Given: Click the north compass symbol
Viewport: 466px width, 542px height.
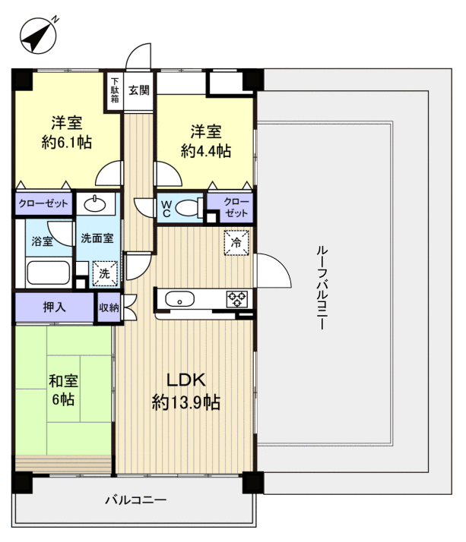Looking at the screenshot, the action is point(38,36).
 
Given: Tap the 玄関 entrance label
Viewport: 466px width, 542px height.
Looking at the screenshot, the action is point(139,90).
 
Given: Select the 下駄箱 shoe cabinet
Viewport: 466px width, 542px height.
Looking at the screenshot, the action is point(115,91).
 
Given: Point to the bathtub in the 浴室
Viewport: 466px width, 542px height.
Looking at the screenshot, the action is point(49,273).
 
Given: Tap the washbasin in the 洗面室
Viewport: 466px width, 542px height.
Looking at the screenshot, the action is point(94,204).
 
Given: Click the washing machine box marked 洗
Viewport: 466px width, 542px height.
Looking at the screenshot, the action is point(105,273).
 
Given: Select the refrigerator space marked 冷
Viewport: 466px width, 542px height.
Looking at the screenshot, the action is point(236,243).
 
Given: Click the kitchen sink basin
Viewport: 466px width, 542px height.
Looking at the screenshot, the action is point(179,299).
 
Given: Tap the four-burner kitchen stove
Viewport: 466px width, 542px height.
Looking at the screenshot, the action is point(237,299).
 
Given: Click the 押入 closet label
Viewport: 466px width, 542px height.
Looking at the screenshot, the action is point(55,307).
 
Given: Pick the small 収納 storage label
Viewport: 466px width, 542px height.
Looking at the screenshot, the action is point(109,307).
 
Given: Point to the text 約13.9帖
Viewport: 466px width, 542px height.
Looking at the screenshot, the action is point(186,402).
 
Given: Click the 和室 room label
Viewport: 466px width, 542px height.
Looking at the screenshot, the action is point(63,381).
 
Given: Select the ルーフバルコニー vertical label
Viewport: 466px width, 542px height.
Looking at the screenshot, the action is point(322,287).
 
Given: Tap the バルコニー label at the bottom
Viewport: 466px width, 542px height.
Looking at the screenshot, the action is point(136,499).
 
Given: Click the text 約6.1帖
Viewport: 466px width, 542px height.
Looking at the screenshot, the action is point(67,142).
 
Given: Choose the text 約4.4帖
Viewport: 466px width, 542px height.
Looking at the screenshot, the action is point(206,151).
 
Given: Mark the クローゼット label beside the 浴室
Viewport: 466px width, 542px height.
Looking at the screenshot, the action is point(43,203).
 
